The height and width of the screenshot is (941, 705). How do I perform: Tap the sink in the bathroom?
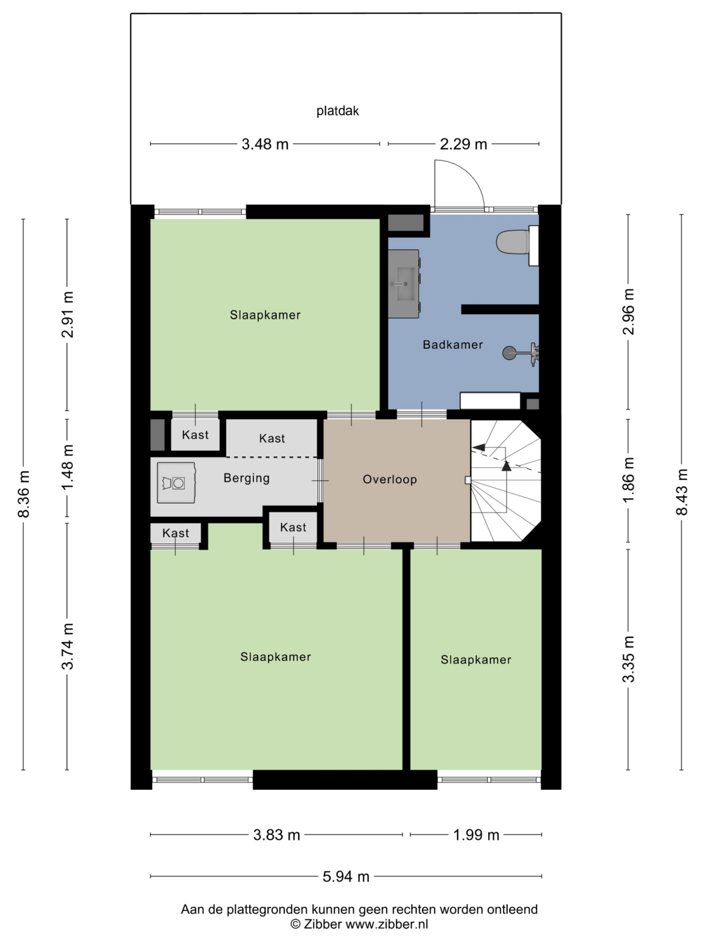click(404, 284)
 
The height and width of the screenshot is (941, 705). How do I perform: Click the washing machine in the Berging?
click(176, 482)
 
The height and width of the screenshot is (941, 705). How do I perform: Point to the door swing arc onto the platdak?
click(470, 172)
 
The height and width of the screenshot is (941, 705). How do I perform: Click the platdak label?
click(338, 111)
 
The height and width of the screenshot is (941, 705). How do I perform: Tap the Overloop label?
click(390, 479)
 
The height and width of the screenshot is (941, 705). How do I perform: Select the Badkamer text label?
click(452, 345)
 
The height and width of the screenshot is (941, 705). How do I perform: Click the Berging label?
click(247, 478)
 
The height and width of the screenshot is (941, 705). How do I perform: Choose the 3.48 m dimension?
click(265, 144)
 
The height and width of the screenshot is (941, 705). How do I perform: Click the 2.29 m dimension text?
click(464, 144)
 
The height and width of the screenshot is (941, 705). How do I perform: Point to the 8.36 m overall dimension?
click(24, 494)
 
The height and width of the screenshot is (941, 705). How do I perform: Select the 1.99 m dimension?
click(476, 835)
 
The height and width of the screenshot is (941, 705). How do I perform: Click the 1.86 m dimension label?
click(629, 479)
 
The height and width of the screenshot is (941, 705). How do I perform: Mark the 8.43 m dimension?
click(681, 492)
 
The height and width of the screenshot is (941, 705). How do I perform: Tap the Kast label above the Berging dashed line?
click(272, 438)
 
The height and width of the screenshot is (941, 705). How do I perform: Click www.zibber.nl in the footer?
click(387, 924)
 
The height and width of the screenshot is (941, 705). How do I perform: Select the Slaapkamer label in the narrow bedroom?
click(476, 659)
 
